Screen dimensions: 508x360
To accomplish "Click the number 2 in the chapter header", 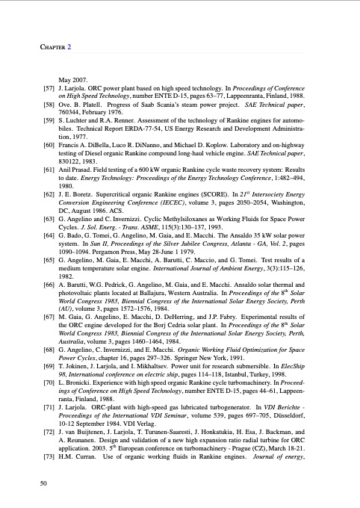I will pyautogui.click(x=69, y=46).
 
